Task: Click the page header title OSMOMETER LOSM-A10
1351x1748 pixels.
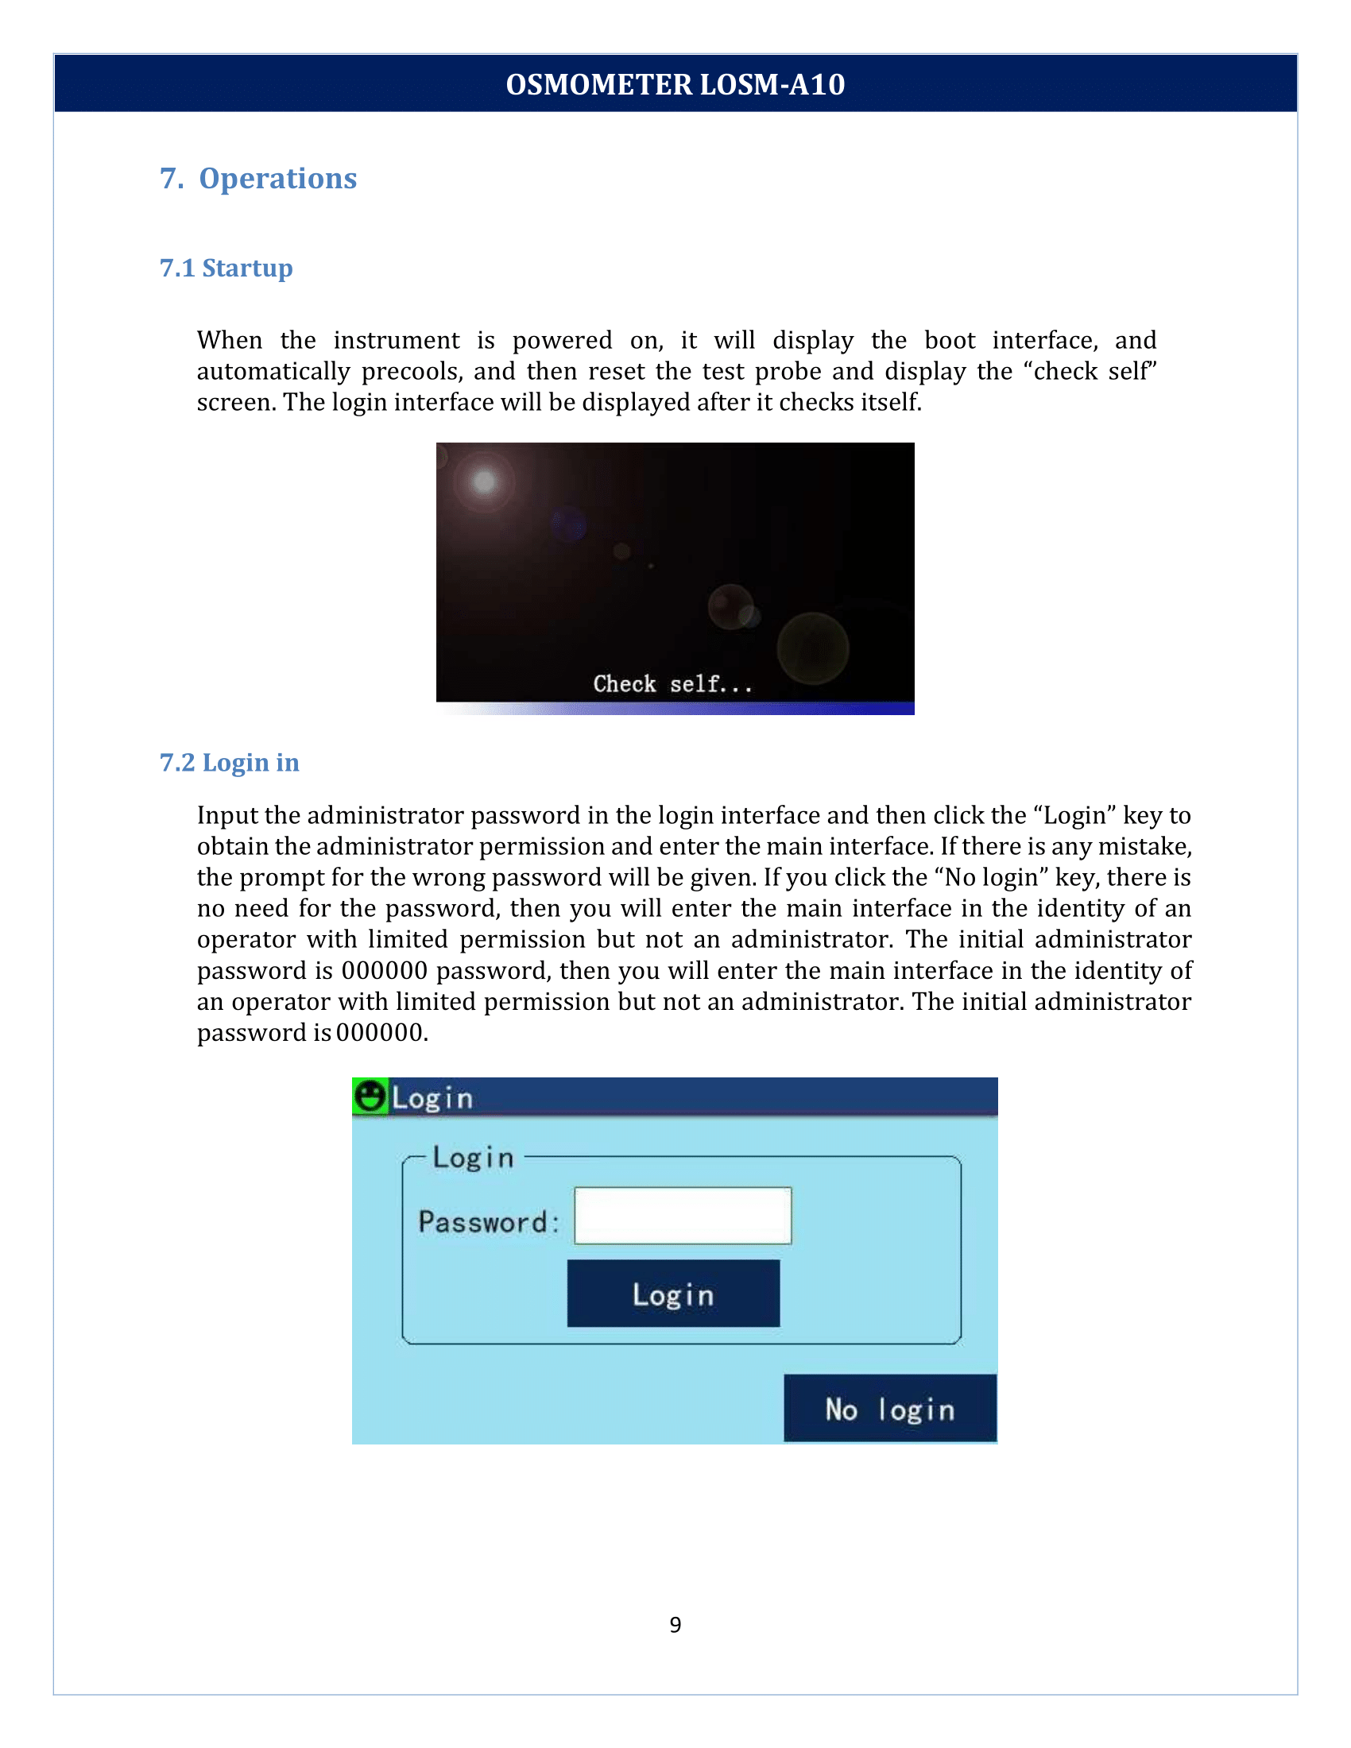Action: tap(675, 84)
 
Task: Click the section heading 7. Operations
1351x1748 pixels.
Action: tap(257, 178)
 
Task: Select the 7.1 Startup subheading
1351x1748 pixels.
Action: tap(226, 267)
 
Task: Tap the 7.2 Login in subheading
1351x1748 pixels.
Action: tap(229, 762)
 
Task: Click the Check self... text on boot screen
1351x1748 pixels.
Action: tap(672, 683)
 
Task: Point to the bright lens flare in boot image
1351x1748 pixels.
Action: tap(484, 481)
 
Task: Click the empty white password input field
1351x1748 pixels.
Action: tap(683, 1216)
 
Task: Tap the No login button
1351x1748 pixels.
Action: tap(890, 1409)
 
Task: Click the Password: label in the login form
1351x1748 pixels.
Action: tap(487, 1222)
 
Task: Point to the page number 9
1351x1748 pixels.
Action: tap(675, 1624)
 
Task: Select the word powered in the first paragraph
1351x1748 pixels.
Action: tap(562, 340)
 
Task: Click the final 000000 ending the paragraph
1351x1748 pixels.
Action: tap(379, 1032)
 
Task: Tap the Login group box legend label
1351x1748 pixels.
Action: tap(473, 1158)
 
